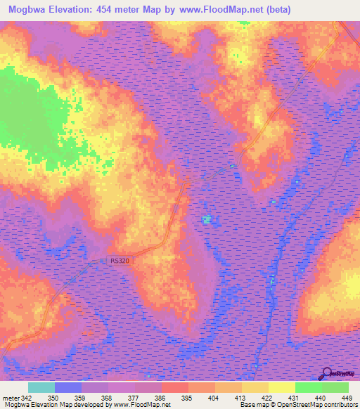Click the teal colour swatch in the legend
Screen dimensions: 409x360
[x=41, y=388]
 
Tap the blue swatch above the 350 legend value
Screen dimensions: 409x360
[x=68, y=388]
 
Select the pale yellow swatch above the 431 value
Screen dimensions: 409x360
[x=281, y=388]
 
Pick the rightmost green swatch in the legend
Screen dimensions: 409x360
[x=335, y=388]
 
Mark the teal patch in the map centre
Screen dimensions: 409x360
[x=206, y=220]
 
